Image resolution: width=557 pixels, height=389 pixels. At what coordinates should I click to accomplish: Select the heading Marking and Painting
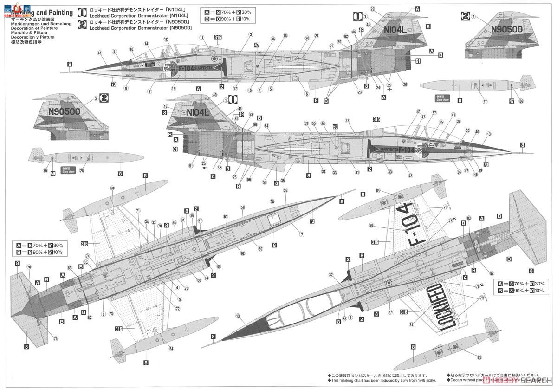(x=46, y=13)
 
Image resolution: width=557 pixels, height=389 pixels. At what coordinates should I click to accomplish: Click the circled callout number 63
(x=112, y=188)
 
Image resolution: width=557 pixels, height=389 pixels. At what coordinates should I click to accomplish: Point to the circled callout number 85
(x=479, y=357)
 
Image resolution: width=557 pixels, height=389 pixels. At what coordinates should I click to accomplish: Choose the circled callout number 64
(x=171, y=349)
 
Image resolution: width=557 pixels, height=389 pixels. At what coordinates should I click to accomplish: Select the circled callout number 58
(x=272, y=201)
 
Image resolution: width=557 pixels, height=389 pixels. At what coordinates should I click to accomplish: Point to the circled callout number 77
(x=390, y=313)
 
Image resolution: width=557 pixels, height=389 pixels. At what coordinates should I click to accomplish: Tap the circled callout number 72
(x=177, y=308)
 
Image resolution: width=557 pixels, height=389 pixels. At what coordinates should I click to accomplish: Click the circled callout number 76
(x=29, y=267)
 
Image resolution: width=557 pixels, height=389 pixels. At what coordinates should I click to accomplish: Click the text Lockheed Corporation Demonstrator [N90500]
(x=130, y=28)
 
